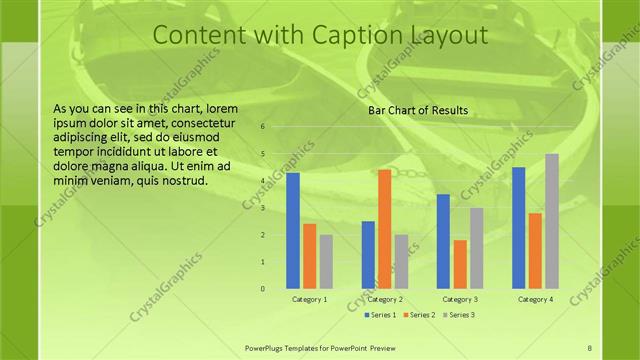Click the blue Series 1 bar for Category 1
[x=293, y=230]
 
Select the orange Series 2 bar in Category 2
[x=384, y=229]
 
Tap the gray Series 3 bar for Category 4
[x=551, y=221]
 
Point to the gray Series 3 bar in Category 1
[x=326, y=261]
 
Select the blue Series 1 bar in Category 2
[x=368, y=255]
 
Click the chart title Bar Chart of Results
[x=418, y=110]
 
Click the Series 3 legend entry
[x=457, y=315]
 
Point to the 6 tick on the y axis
[x=262, y=127]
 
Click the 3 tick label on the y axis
[x=262, y=208]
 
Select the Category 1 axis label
[x=309, y=299]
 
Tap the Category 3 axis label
[x=460, y=299]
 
